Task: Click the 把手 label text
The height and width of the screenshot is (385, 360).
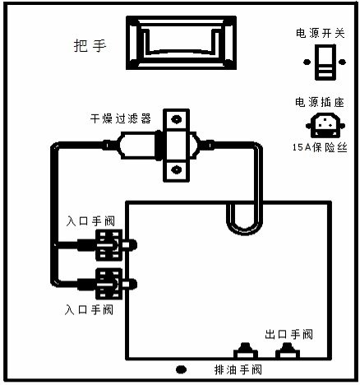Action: click(90, 46)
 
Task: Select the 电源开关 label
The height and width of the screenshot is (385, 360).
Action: click(321, 33)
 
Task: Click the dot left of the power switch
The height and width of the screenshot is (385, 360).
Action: click(307, 62)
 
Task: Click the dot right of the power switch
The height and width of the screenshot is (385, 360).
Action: click(342, 62)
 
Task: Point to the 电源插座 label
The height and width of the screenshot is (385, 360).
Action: click(320, 102)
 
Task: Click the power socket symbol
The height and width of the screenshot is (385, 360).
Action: click(325, 125)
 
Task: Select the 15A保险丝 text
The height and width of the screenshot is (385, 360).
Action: click(320, 147)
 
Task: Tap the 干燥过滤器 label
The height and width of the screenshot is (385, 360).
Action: click(121, 118)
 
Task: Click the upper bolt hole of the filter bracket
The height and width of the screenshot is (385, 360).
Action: click(176, 119)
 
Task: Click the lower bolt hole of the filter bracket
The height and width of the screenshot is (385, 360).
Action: click(176, 169)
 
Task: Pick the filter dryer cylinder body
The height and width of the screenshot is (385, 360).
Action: click(137, 146)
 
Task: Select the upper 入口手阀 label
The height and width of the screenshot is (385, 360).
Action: click(90, 221)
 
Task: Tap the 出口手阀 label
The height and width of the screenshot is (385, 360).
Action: click(288, 335)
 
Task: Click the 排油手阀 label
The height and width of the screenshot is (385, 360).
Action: click(238, 369)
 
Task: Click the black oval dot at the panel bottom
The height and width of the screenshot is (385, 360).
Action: click(181, 369)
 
